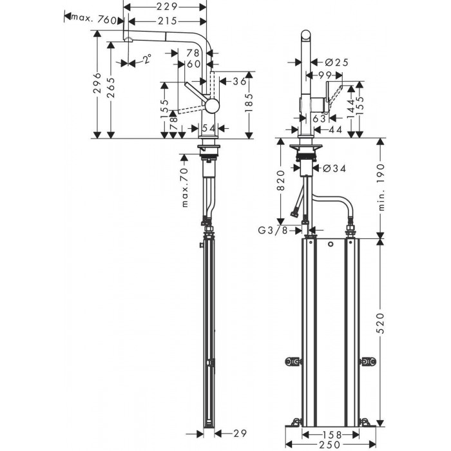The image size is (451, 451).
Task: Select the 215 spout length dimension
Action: pos(167,21)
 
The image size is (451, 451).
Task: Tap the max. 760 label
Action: pos(95,19)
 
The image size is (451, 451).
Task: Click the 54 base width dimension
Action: pos(207,129)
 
